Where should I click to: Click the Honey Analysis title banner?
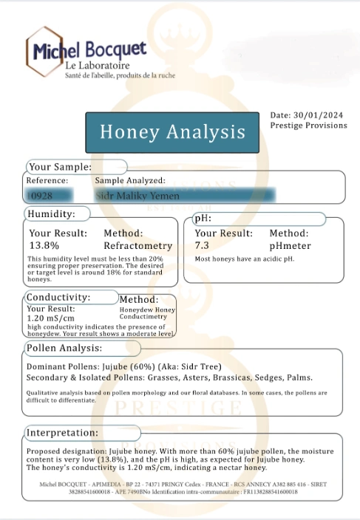click(172, 132)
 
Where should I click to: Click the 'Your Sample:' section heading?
click(60, 167)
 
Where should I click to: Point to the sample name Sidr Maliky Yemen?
click(137, 196)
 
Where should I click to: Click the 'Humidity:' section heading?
click(51, 213)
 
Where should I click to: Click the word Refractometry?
click(137, 245)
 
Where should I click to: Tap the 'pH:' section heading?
click(203, 219)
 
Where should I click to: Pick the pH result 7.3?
click(202, 245)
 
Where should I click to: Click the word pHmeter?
click(290, 245)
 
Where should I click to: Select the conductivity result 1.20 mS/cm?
click(50, 318)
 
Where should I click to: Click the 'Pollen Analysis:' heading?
click(64, 348)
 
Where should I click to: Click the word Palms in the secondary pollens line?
click(299, 377)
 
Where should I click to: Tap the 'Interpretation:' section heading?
click(64, 432)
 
